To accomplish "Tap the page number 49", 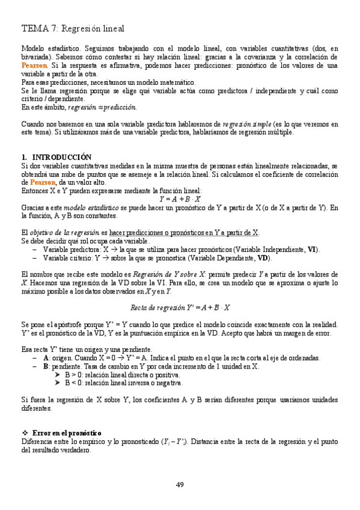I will click(x=180, y=485).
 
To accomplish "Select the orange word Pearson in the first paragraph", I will click(x=32, y=65).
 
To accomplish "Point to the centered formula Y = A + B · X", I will click(x=180, y=198).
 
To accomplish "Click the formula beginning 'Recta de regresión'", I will click(x=180, y=307).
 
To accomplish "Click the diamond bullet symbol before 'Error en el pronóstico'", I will click(x=25, y=433).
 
